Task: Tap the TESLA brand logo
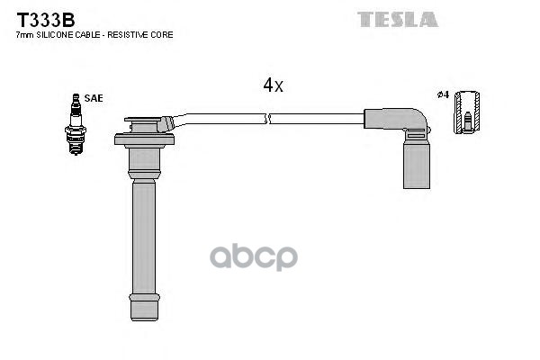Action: coord(397,19)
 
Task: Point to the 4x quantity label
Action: coord(274,85)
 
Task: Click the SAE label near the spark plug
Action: coord(94,98)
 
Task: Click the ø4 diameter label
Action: coord(443,94)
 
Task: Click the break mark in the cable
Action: coord(269,118)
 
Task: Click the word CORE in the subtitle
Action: coord(161,34)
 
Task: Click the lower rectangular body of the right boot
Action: coord(416,166)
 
